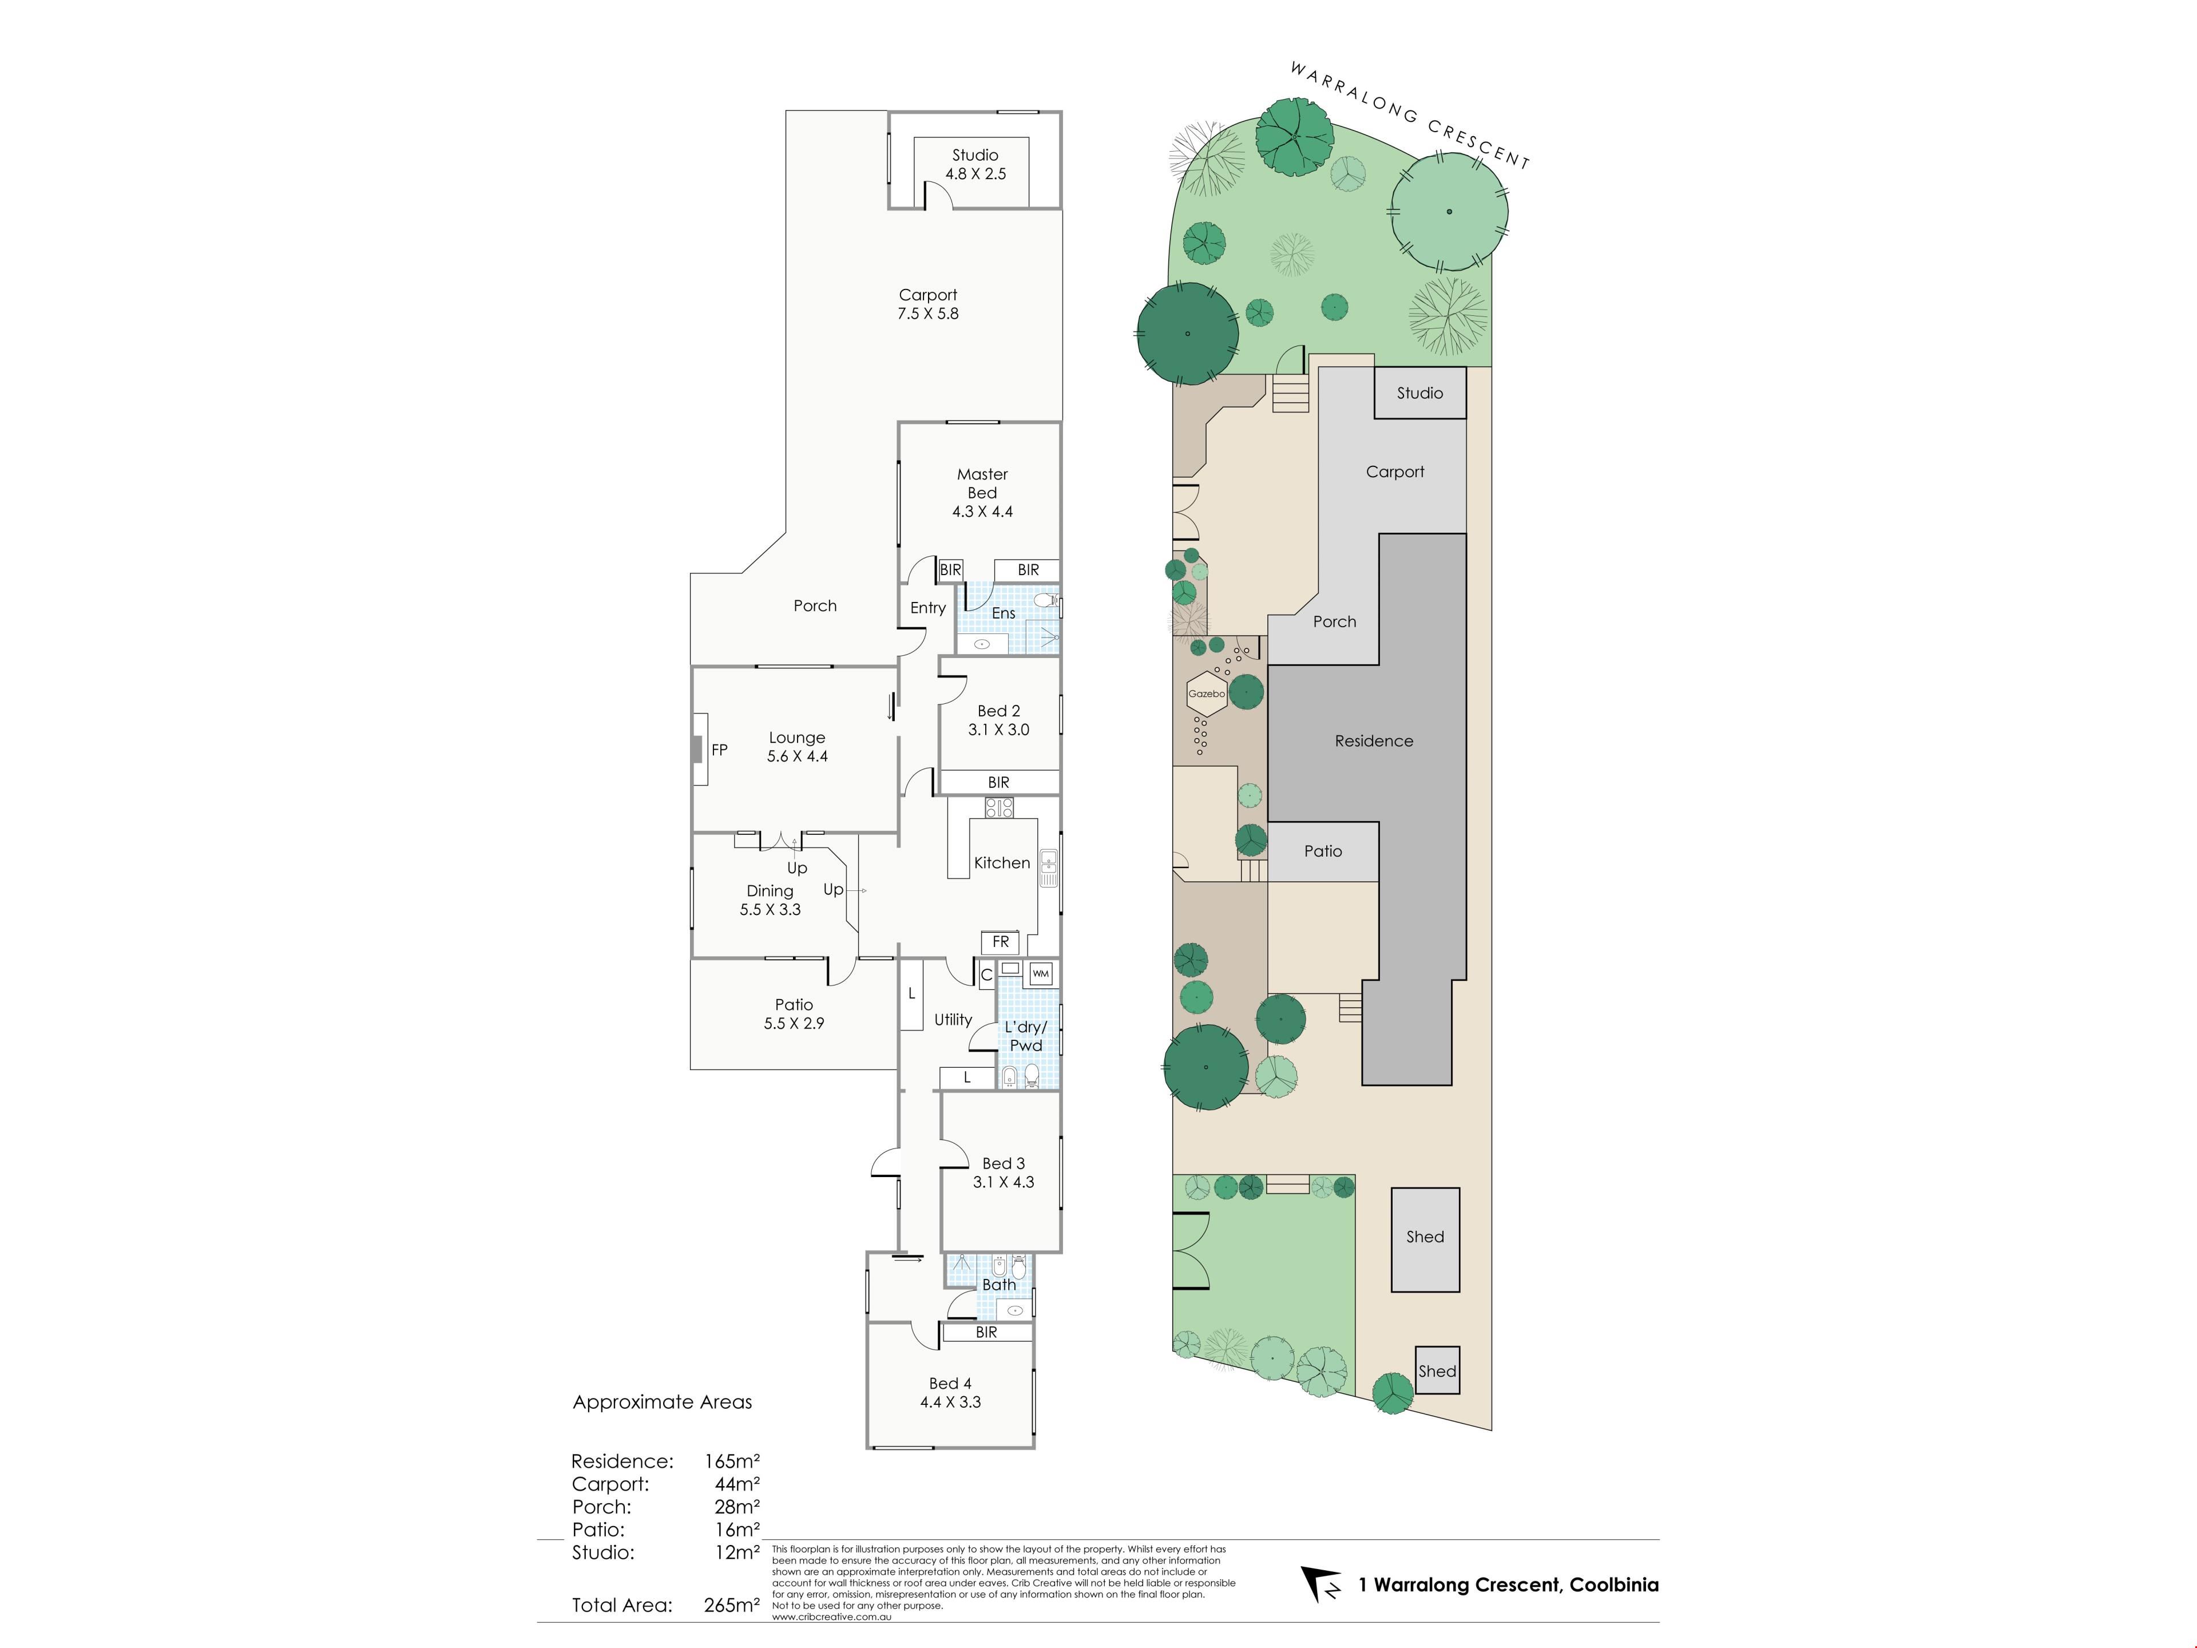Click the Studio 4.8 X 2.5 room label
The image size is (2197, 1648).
tap(975, 164)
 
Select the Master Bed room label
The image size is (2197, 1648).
tap(982, 484)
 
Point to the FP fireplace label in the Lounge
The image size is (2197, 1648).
tap(719, 750)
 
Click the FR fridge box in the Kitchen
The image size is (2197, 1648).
tap(1000, 942)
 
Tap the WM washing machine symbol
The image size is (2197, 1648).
tap(1040, 973)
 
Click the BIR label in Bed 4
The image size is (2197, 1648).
tap(986, 1332)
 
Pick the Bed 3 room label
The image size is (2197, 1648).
tap(1003, 1163)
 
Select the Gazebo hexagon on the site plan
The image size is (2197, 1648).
tap(1207, 694)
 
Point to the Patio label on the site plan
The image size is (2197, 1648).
tap(1323, 851)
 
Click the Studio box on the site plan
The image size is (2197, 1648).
tap(1420, 393)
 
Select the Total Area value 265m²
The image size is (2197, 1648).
tap(732, 1605)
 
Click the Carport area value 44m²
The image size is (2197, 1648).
tap(737, 1484)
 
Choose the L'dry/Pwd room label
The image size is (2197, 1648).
tap(1026, 1036)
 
